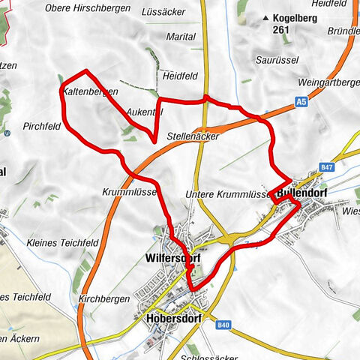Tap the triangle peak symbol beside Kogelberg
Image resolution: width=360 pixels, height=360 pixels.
click(x=265, y=17)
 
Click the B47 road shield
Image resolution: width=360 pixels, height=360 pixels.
click(x=325, y=167)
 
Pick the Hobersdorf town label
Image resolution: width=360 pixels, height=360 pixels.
click(x=168, y=317)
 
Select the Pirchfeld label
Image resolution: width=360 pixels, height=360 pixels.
click(x=42, y=127)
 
